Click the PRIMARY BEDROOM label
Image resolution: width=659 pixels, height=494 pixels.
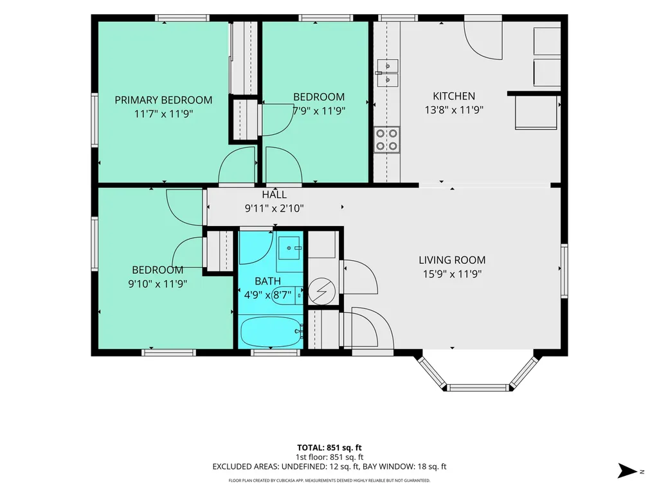coord(163,100)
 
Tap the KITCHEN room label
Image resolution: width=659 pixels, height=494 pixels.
coord(454,96)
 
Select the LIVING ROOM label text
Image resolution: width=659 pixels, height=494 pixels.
coord(452,260)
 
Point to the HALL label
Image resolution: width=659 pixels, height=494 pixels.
coord(275,195)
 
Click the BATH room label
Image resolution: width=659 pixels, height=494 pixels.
coord(267,281)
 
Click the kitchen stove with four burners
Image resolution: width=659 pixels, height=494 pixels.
coord(386,140)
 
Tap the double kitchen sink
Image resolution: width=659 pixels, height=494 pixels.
coord(388,73)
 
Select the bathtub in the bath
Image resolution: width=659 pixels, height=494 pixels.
coord(271,331)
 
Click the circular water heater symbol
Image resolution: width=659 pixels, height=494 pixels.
coord(321,291)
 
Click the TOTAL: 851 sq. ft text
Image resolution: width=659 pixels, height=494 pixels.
coord(329,448)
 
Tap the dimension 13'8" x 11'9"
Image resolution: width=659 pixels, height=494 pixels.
coord(454,110)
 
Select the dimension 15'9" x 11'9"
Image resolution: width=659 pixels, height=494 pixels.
coord(452,274)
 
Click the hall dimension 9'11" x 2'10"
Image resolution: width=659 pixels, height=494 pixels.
coord(275,208)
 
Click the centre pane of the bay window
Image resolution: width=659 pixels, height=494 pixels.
coord(478,387)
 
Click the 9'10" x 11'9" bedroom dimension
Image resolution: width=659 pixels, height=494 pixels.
coord(158,284)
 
